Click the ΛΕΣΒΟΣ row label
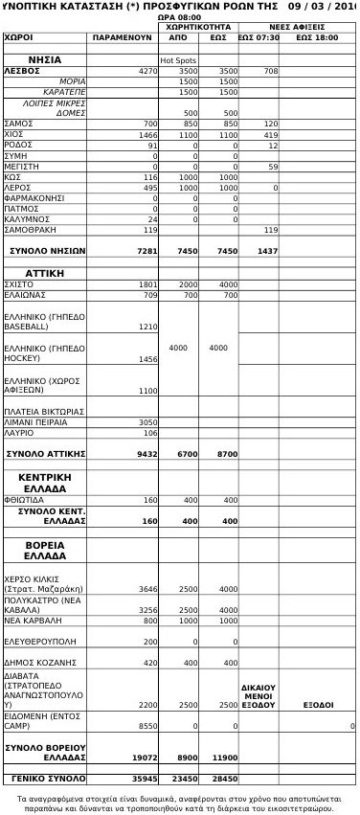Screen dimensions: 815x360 [x=21, y=71]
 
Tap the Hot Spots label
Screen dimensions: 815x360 [x=178, y=60]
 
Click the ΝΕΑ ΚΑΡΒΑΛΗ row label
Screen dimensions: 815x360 [x=34, y=621]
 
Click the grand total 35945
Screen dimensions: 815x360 [x=145, y=779]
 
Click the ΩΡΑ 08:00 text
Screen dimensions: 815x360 [x=178, y=17]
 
